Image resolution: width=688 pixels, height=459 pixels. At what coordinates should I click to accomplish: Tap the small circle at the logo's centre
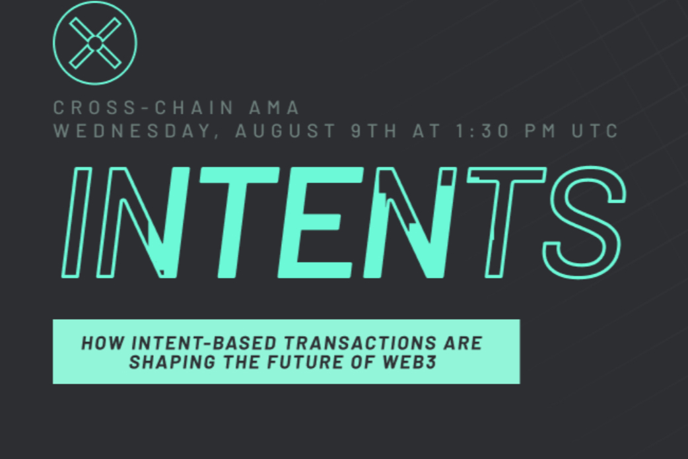pyautogui.click(x=95, y=43)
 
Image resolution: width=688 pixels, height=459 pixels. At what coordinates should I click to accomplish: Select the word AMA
pyautogui.click(x=275, y=108)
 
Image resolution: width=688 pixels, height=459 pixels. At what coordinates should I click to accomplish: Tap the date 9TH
pyautogui.click(x=374, y=131)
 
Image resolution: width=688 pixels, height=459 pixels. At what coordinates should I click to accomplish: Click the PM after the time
pyautogui.click(x=541, y=131)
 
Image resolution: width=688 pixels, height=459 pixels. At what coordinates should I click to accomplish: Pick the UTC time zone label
pyautogui.click(x=595, y=131)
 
